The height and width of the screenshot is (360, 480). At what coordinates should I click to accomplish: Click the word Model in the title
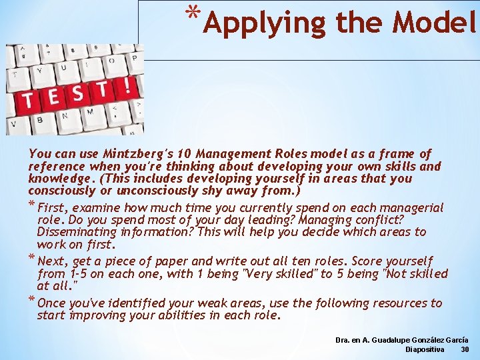click(x=435, y=23)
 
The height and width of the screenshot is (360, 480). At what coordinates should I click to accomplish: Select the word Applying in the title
click(x=265, y=23)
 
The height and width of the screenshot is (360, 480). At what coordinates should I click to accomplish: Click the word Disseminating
click(x=77, y=232)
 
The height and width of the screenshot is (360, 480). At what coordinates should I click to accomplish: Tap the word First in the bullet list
click(x=55, y=208)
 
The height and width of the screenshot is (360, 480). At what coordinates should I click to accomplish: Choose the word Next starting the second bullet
click(x=53, y=261)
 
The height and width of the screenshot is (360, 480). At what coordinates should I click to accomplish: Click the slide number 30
click(x=465, y=349)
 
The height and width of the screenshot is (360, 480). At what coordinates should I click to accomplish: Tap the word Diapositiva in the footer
click(x=426, y=349)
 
